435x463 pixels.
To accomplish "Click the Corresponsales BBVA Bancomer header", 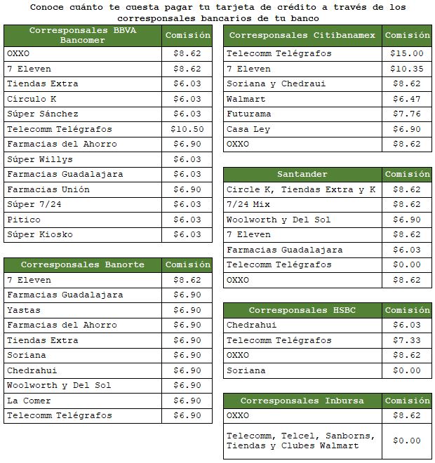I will tap(83, 35).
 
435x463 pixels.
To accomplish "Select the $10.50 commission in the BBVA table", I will tap(187, 129).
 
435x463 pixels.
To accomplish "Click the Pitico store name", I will tap(24, 220).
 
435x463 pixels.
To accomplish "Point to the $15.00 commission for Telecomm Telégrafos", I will tap(408, 53).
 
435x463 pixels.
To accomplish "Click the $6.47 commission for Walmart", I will tap(408, 99).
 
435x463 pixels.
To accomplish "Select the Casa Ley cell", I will tap(248, 129).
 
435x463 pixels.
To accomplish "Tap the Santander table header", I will tap(302, 174).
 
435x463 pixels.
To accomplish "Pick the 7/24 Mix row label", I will tap(248, 204).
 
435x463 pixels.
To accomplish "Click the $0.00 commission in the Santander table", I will tap(408, 264).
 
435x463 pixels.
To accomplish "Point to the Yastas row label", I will tap(24, 310).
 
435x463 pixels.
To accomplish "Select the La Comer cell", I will tap(29, 401).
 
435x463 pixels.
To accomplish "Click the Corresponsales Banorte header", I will tap(83, 264).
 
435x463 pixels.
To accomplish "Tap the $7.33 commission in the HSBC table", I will tap(408, 340).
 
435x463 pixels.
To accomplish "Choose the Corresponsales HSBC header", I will tap(302, 310).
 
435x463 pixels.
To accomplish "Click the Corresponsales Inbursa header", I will tap(302, 401).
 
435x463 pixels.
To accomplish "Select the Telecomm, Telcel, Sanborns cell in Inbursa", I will tap(300, 441).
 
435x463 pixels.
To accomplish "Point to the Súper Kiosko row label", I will tap(40, 234).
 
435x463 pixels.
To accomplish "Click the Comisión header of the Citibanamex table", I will tap(408, 35).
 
